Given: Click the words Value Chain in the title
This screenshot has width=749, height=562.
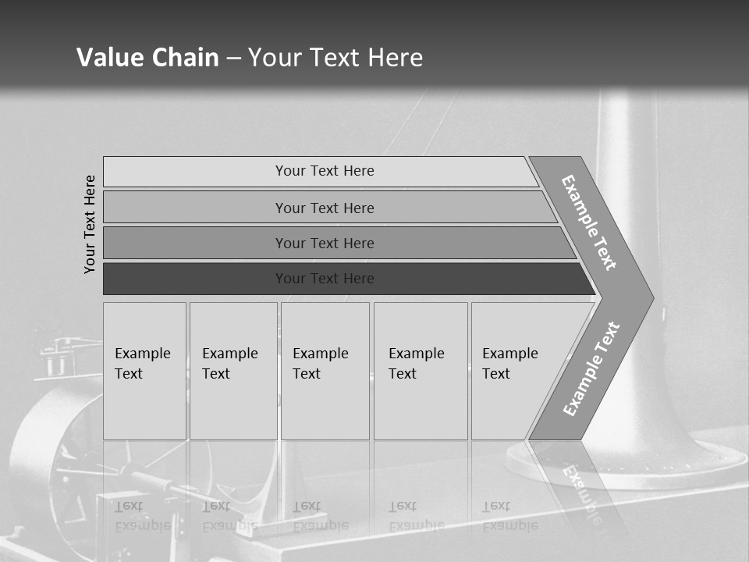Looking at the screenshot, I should pos(147,57).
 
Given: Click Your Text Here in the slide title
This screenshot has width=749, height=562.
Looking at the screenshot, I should pos(335,57).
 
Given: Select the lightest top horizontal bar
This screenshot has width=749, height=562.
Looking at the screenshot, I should pos(325,171).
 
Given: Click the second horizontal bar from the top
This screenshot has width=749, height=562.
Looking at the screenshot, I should pos(325,208).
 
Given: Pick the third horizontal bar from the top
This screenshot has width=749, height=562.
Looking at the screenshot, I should pos(325,243).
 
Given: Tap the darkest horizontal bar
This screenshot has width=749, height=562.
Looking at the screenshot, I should pos(325,279).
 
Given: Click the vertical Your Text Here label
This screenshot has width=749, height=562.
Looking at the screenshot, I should pos(90,224).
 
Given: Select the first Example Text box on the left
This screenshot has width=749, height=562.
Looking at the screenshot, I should pos(144,371).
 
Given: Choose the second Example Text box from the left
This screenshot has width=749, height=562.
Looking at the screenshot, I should pos(233,371).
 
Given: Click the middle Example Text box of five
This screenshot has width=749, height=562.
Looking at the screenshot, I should pos(325,371).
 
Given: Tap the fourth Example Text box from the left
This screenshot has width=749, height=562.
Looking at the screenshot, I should pos(421,371).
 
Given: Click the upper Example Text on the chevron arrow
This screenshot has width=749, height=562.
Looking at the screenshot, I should pos(589,222).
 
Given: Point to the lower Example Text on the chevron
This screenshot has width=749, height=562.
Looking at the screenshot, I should pos(591,369).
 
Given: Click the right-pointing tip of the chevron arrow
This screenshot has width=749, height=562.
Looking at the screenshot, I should pos(647,298).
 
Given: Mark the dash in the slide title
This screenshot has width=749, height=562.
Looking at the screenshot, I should pos(233,58).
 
